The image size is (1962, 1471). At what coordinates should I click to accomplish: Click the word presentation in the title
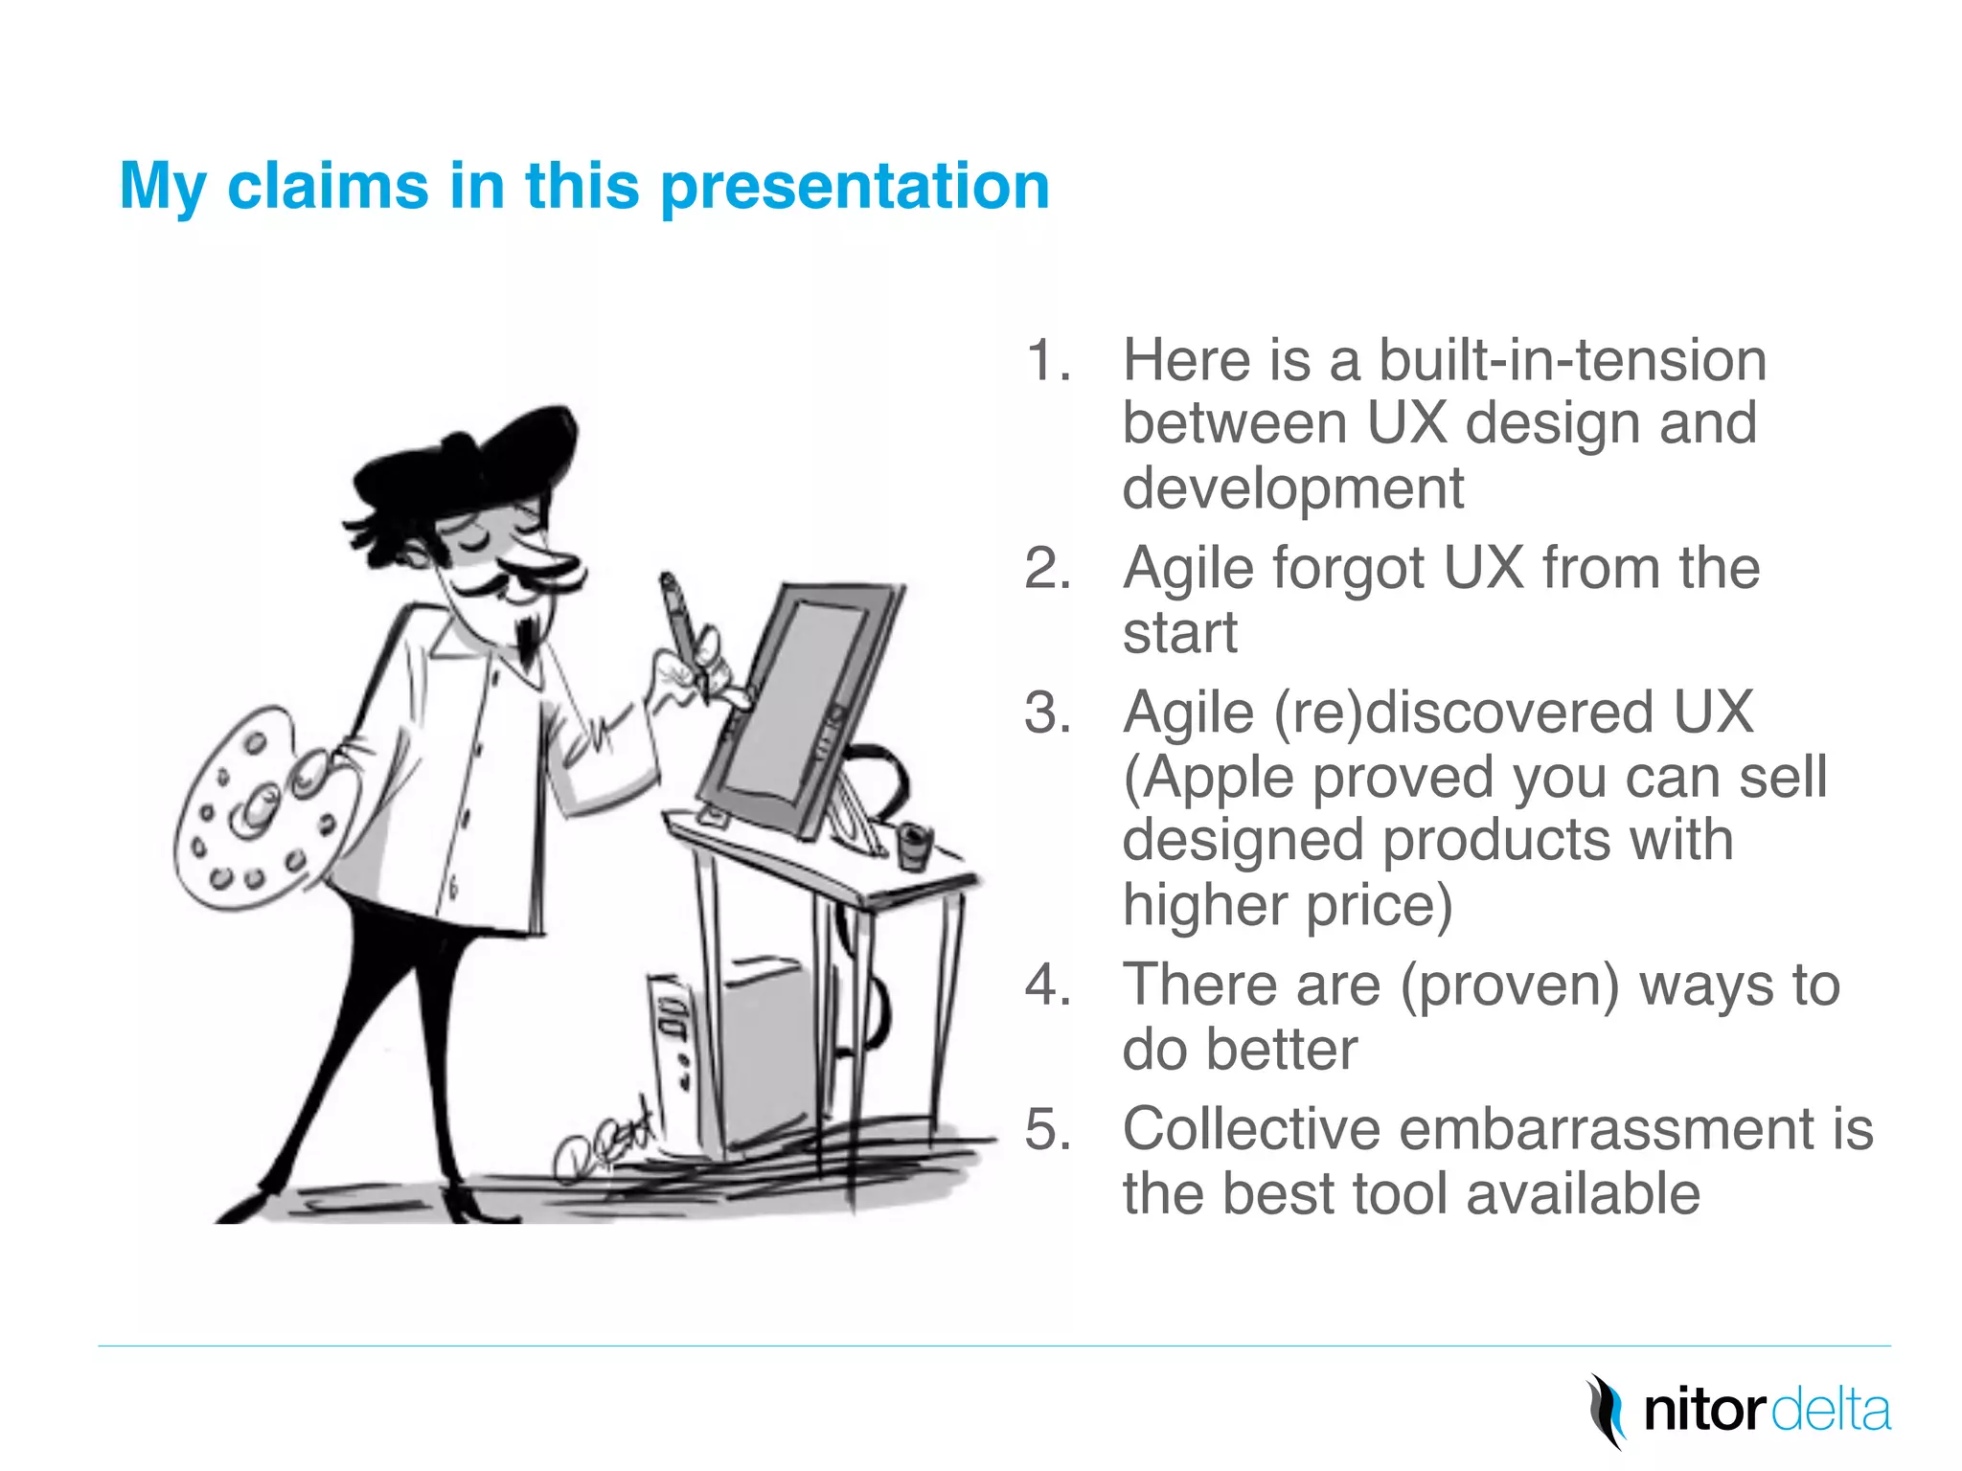(x=855, y=187)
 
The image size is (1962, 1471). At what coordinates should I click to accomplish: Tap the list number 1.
(x=1046, y=361)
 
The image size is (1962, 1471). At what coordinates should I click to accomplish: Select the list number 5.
(x=1046, y=1130)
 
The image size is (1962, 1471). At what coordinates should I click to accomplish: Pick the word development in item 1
(x=1293, y=489)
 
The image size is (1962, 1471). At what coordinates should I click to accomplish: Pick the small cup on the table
(x=913, y=847)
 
